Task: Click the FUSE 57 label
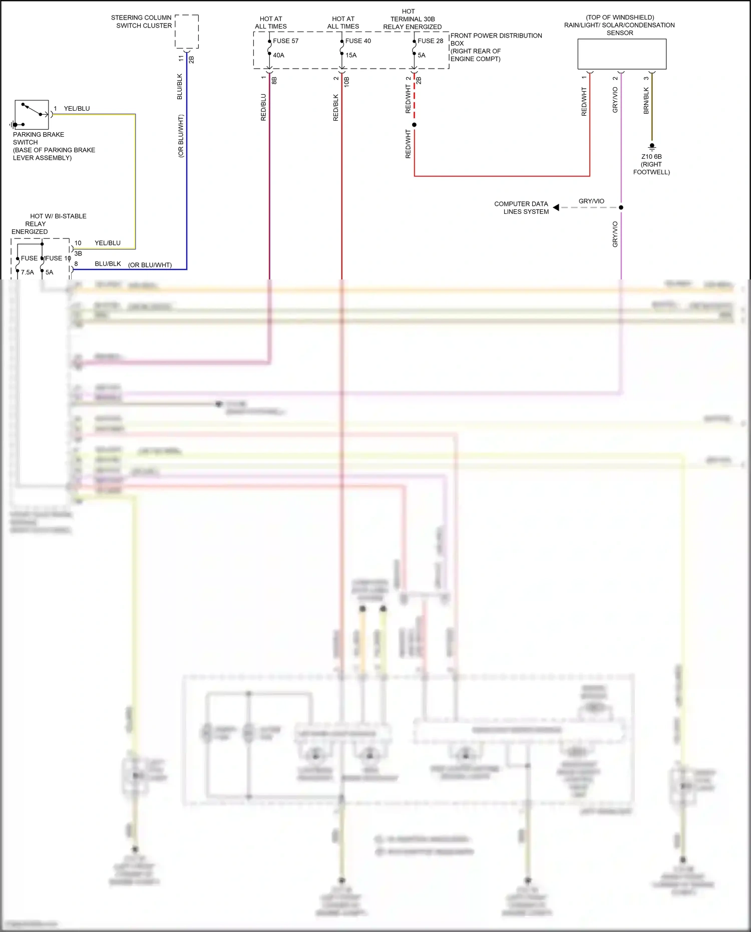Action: pos(285,41)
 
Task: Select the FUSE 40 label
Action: pos(358,41)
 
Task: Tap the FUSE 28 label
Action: pos(430,41)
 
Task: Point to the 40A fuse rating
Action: pos(278,55)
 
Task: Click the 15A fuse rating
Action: pos(351,55)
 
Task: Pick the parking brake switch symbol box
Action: pos(32,115)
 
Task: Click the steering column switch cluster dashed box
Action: pos(187,32)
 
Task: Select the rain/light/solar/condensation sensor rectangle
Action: pos(622,54)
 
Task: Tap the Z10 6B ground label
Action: pos(651,157)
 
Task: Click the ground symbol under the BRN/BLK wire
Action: pos(652,147)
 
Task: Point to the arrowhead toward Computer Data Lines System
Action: pos(556,207)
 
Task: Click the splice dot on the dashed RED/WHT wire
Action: pos(414,125)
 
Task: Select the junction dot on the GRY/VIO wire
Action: pos(621,207)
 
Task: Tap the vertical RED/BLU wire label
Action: pos(263,107)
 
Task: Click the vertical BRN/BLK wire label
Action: pos(646,101)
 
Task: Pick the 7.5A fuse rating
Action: pos(28,272)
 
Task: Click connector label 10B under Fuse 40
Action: pos(346,82)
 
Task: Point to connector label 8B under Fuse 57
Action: pos(274,80)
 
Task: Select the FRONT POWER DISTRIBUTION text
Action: pos(496,36)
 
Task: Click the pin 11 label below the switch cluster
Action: pos(181,59)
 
